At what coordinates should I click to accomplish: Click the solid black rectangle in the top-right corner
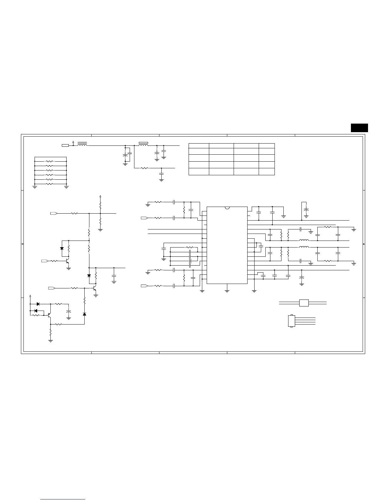359,127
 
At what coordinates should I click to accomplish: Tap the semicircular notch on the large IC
227,208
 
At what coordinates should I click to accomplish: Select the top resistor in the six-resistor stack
50,161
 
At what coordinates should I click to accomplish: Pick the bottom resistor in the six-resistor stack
50,184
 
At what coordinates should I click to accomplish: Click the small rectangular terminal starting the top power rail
65,145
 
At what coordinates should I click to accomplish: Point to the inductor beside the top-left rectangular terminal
82,145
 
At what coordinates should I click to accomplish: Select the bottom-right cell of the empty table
267,172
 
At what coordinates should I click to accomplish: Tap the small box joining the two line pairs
304,303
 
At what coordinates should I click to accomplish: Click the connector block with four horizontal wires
291,321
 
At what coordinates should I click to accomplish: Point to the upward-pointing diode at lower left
84,314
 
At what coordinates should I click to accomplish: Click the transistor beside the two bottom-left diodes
49,315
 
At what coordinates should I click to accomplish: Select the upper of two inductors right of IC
304,240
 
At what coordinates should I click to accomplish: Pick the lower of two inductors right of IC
304,247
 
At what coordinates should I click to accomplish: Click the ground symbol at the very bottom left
50,341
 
